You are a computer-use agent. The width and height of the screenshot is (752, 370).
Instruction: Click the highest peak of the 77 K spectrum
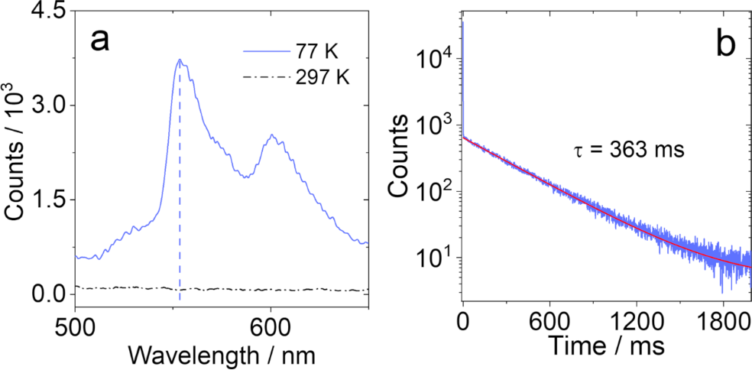[180, 60]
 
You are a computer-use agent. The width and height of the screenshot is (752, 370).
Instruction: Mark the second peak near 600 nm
[271, 135]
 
